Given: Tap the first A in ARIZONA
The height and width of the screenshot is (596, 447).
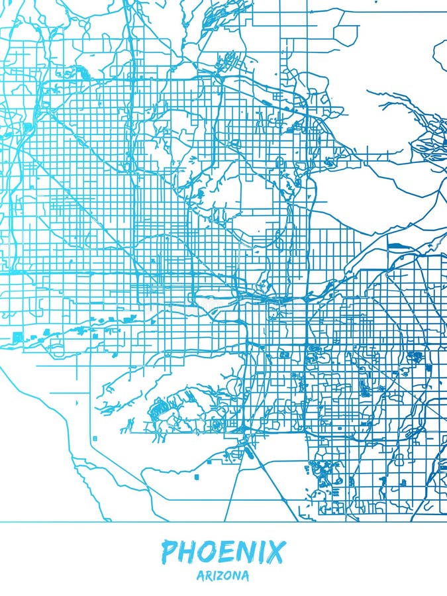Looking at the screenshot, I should [x=200, y=576].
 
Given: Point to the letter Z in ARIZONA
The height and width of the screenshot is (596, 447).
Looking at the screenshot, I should [x=221, y=576].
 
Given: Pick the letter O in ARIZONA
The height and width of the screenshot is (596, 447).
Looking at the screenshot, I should [x=229, y=576].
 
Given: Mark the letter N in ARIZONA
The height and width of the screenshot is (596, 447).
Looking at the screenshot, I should [x=238, y=576].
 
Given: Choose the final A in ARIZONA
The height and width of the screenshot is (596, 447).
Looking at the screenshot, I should [x=246, y=576].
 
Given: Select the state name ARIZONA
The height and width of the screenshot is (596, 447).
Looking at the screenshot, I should [x=223, y=576].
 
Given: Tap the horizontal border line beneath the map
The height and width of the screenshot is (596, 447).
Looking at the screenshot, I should [x=223, y=522].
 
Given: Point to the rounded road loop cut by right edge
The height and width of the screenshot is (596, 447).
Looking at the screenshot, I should [x=440, y=53].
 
